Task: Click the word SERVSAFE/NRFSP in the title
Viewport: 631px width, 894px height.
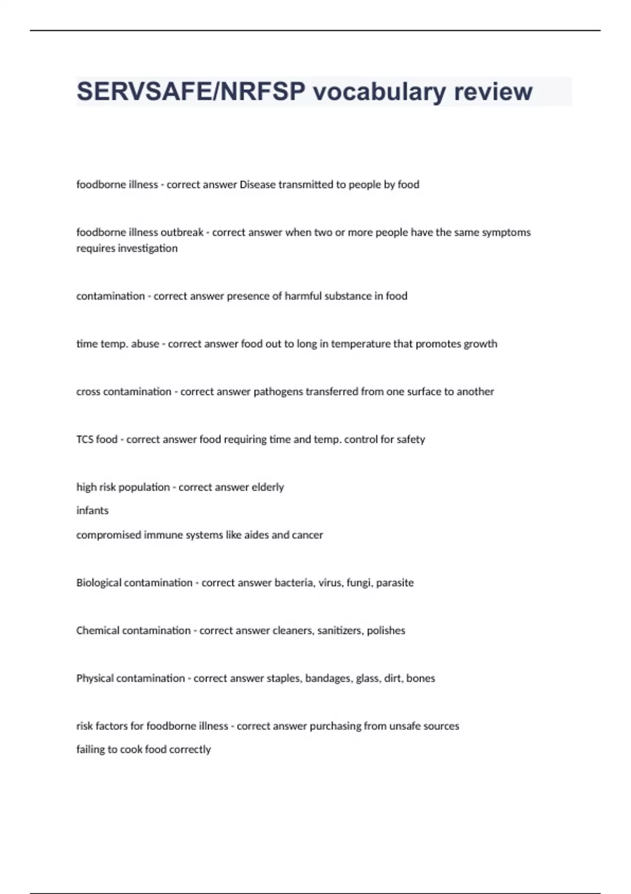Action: tap(191, 92)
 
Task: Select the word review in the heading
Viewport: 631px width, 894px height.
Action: tap(493, 92)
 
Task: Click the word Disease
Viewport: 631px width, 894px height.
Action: tap(257, 185)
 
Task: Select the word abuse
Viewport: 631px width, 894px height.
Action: tap(145, 344)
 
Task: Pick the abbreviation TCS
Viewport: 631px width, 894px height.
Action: tap(85, 440)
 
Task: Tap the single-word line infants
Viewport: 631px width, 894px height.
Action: tap(93, 511)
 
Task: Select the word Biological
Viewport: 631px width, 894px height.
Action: tap(99, 583)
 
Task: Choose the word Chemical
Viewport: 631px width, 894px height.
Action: tap(97, 631)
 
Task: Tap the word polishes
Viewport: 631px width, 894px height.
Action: tap(386, 631)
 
